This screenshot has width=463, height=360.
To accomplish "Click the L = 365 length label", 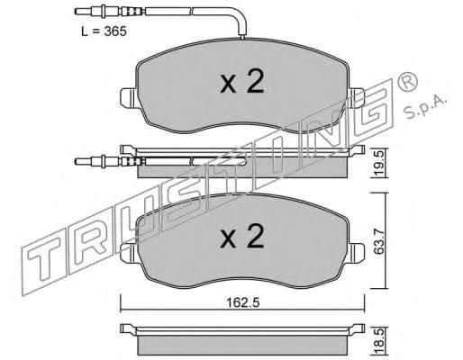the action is point(104,31).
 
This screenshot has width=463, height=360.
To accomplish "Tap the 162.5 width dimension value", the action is point(242,302).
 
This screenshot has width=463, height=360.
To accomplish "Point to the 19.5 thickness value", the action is point(380,164).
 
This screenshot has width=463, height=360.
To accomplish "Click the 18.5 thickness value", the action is point(380,341).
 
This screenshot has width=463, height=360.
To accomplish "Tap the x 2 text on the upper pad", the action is point(242,81).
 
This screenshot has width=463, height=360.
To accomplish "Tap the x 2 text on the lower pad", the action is point(242,237).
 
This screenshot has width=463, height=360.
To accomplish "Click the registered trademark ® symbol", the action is point(407,81).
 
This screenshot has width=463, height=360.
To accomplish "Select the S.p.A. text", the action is point(425,107).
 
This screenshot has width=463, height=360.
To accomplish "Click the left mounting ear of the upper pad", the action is point(129,98).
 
